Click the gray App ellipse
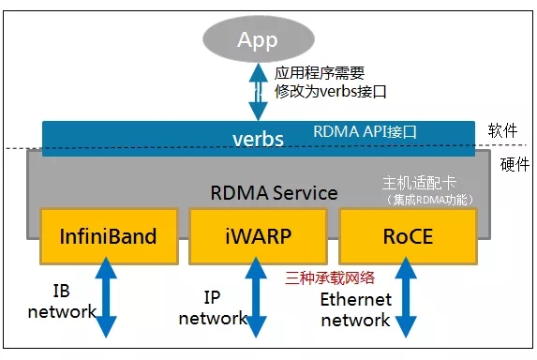click(257, 40)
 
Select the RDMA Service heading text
click(274, 193)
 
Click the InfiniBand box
click(108, 235)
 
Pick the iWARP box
click(258, 235)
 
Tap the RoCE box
click(408, 235)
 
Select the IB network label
click(62, 301)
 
